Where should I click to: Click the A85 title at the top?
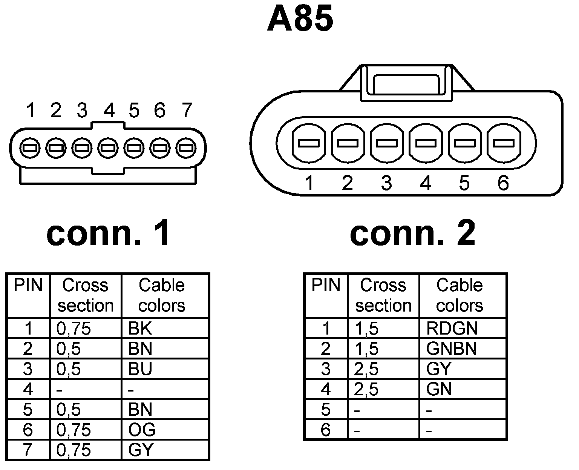300,19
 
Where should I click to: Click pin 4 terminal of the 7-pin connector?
108,147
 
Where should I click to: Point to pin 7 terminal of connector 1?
185,147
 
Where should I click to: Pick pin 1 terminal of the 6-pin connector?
309,143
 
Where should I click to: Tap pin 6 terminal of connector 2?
504,143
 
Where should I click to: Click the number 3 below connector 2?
386,183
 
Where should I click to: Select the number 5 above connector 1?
134,111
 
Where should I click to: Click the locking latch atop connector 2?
406,83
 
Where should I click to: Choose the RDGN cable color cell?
452,329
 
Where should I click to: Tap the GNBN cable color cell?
452,349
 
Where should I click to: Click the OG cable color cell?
142,430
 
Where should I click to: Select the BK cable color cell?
140,329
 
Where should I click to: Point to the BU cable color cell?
140,369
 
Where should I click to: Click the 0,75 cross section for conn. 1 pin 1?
74,329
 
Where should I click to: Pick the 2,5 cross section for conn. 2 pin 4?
366,389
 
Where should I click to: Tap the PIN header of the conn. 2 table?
326,286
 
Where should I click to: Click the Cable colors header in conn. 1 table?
162,295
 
